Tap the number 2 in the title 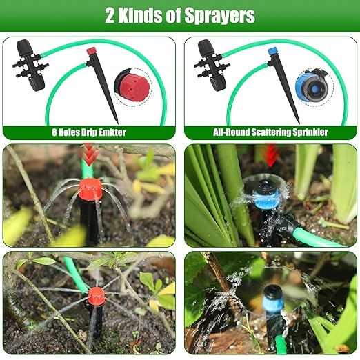pyautogui.click(x=110, y=16)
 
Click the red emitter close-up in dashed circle pyautogui.click(x=132, y=87)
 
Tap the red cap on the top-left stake pyautogui.click(x=90, y=51)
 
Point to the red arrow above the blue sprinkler pyautogui.click(x=270, y=154)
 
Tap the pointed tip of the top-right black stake pyautogui.click(x=298, y=122)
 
